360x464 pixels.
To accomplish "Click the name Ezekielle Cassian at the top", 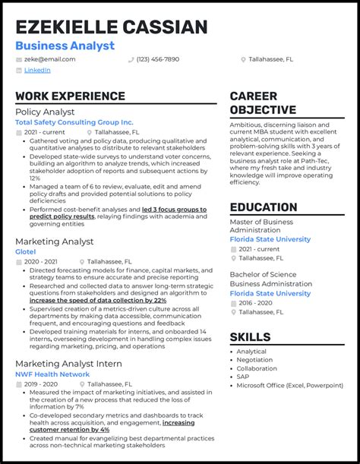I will (x=111, y=27).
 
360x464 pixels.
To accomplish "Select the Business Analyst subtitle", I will (x=65, y=46).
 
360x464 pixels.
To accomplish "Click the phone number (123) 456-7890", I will (x=159, y=58).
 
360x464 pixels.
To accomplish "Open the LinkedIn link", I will (x=37, y=70).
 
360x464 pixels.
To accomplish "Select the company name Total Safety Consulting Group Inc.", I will (x=74, y=122).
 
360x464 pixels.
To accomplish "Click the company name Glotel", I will (x=26, y=251).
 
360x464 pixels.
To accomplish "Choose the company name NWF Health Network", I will (x=52, y=374).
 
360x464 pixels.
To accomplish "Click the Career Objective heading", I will (x=263, y=103).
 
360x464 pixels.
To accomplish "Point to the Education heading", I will (x=264, y=207).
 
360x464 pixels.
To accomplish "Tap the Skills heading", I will (x=250, y=337).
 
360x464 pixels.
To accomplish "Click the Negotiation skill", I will (x=255, y=359).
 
